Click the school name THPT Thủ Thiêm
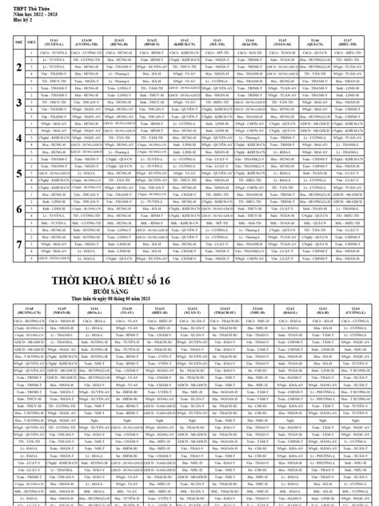[25, 6]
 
